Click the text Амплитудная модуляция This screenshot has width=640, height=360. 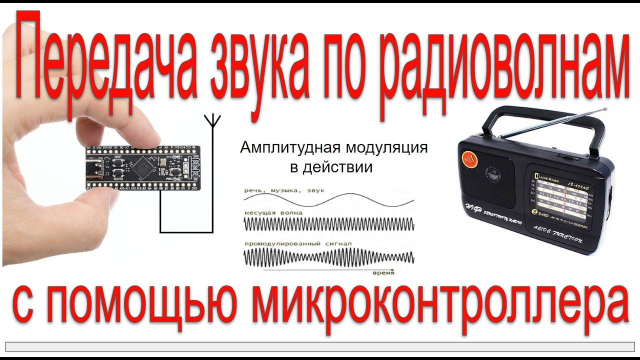(x=334, y=148)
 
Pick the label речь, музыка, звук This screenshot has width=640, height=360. (x=284, y=190)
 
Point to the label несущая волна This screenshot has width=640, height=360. (x=273, y=213)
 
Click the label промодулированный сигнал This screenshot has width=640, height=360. (x=298, y=243)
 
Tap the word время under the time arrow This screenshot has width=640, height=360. (x=383, y=273)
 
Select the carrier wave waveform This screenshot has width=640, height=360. (x=329, y=223)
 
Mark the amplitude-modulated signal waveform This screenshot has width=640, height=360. (x=329, y=256)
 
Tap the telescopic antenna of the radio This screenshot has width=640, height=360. (x=552, y=122)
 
